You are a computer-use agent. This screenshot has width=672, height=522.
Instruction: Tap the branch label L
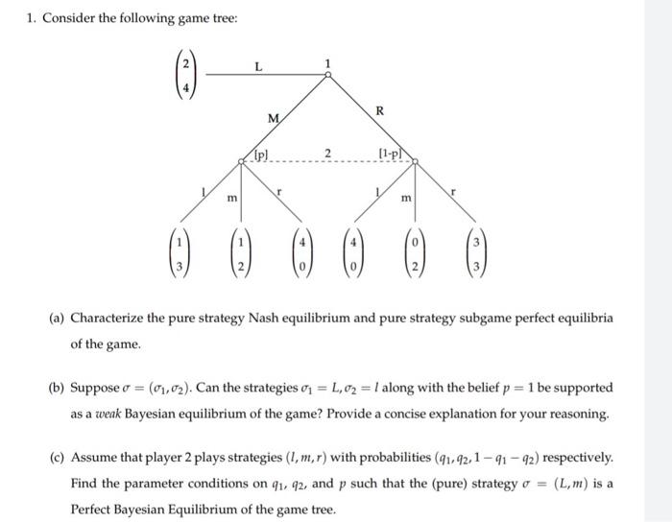(257, 65)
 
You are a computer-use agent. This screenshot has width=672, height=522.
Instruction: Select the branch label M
(273, 119)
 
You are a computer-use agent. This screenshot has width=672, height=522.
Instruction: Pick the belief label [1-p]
(392, 154)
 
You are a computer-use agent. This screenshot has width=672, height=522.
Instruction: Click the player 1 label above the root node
(326, 63)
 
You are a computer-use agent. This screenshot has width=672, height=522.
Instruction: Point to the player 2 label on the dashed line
(327, 152)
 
